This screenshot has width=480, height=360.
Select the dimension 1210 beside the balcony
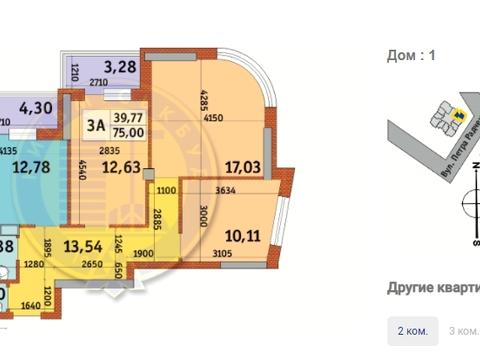coord(73,73)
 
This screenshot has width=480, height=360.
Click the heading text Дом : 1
coord(412,57)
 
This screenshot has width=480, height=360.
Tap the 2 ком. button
coord(413,331)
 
